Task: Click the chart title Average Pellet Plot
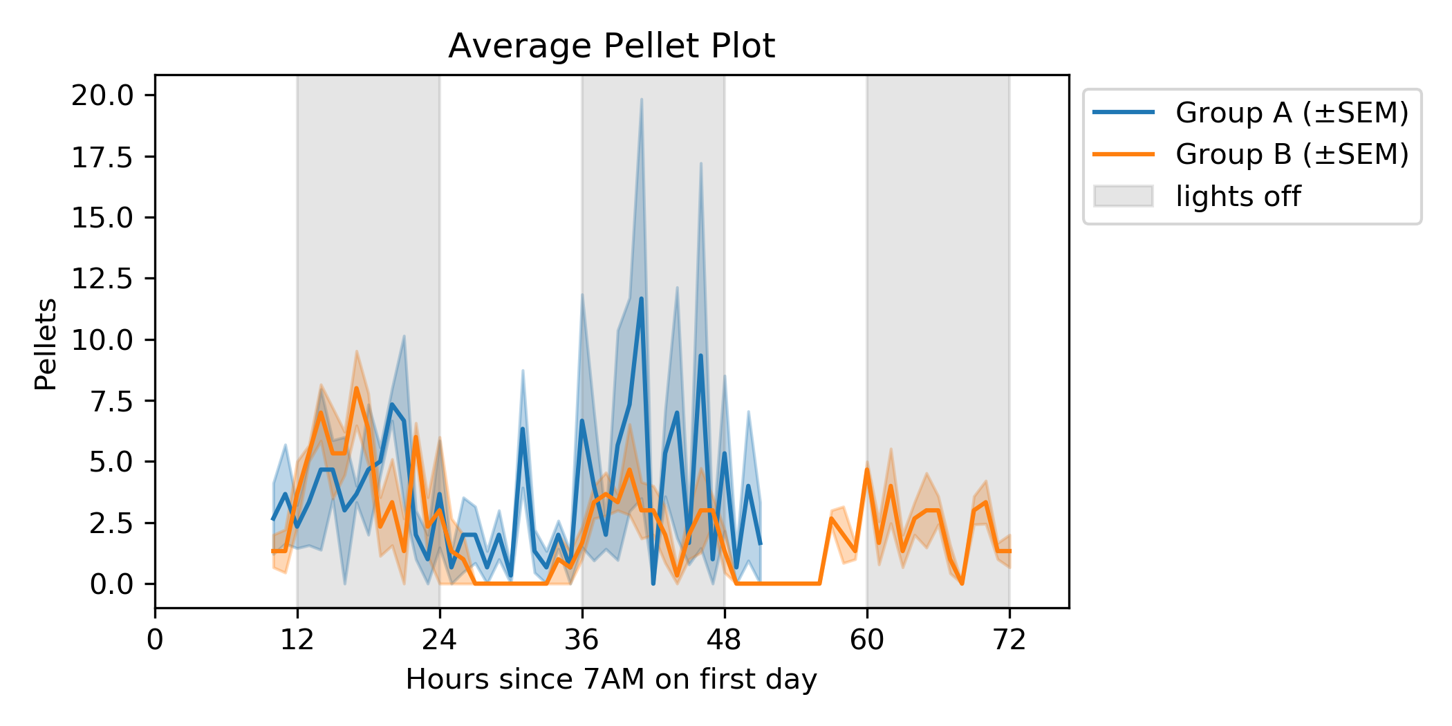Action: point(611,46)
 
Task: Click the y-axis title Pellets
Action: point(46,344)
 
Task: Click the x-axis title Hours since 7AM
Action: point(611,679)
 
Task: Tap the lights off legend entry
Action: point(1238,196)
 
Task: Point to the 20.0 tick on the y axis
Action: point(103,95)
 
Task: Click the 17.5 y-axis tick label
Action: point(103,157)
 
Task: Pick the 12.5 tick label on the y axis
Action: point(103,279)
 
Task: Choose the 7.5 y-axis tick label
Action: point(111,401)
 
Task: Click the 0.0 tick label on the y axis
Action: point(111,584)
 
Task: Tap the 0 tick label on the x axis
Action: point(155,640)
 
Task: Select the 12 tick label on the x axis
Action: point(297,640)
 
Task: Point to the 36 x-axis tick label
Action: point(582,640)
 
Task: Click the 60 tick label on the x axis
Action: point(867,640)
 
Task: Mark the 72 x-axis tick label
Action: point(1009,640)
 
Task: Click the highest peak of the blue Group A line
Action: point(642,299)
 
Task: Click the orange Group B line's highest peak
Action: point(357,389)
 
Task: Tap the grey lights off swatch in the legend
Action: point(1124,196)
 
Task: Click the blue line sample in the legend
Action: point(1124,113)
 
